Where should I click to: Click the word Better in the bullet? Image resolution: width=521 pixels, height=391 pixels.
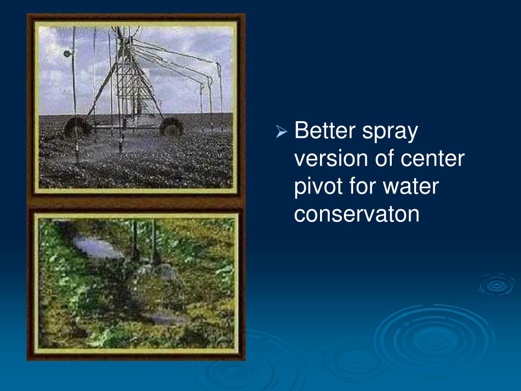point(325,130)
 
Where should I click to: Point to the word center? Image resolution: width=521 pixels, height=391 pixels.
point(432,159)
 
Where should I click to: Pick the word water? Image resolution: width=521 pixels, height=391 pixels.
point(411,186)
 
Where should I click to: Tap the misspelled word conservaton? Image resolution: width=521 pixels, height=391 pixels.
point(357,214)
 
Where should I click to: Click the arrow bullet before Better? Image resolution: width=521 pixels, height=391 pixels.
point(281,132)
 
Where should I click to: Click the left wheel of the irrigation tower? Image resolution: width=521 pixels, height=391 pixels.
point(77,127)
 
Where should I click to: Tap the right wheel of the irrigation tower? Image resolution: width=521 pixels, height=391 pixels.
point(171,127)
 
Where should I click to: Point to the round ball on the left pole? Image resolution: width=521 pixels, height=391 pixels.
point(67,53)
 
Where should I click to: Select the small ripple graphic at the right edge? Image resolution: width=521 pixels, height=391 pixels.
point(497,285)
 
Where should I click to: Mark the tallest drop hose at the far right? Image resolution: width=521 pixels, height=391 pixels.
point(220,96)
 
